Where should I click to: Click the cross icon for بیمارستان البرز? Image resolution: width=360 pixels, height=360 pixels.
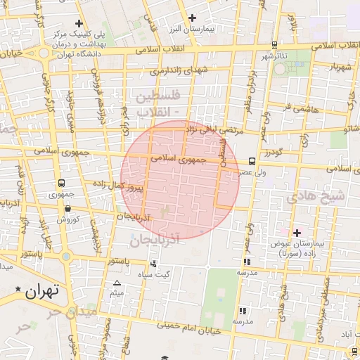[x=192, y=18]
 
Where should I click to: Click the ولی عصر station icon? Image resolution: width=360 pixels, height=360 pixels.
[x=252, y=161]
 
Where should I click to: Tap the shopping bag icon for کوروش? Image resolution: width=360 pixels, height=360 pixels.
[x=67, y=208]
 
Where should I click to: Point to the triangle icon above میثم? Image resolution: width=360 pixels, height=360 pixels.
[x=117, y=283]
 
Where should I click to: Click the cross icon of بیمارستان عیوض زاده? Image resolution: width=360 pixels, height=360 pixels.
[x=296, y=233]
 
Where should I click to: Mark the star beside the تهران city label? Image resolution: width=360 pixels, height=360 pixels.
[x=18, y=289]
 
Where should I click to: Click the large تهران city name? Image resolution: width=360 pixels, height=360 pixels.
[x=43, y=290]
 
